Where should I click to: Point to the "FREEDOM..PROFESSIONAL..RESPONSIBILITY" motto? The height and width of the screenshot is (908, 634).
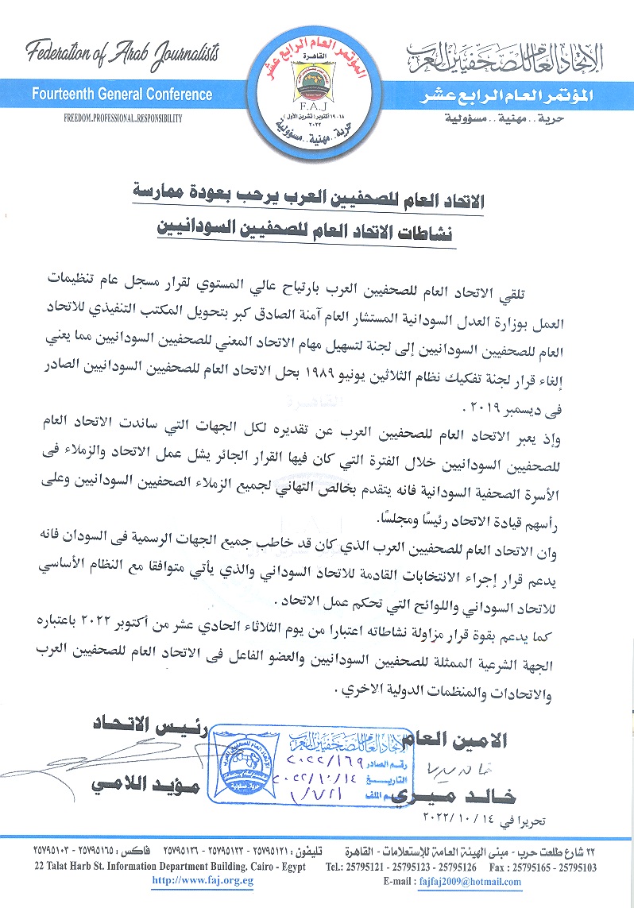click(x=123, y=118)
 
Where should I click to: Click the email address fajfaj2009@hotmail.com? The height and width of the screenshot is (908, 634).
click(x=474, y=881)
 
